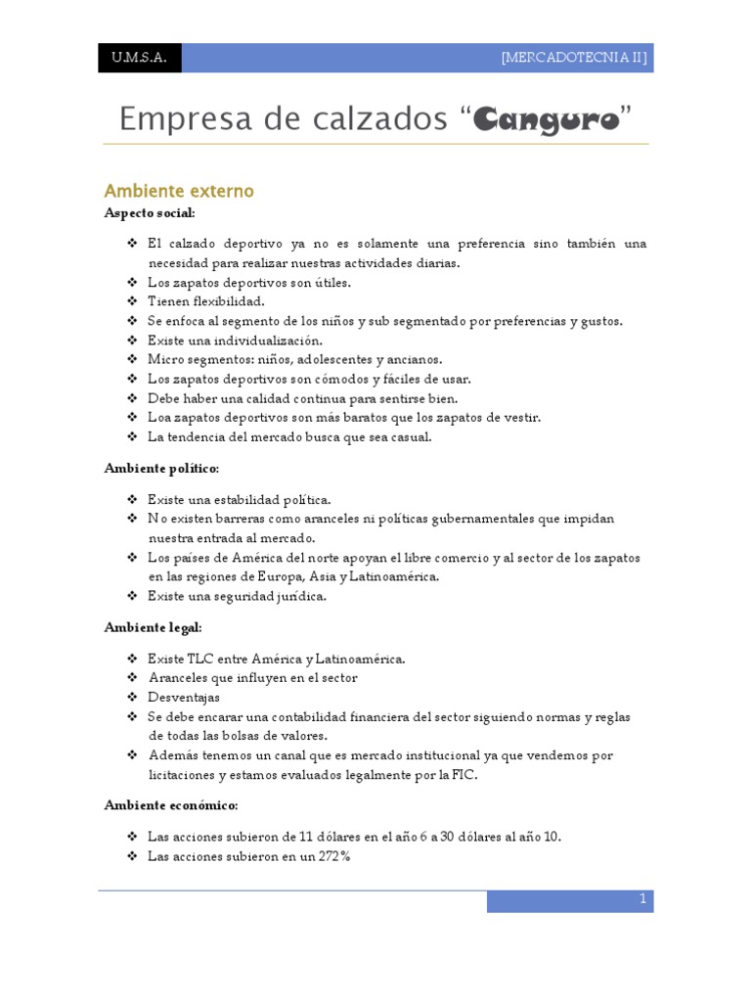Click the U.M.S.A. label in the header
[139, 58]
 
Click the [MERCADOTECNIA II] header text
[574, 58]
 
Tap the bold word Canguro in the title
[547, 120]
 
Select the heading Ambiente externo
[179, 191]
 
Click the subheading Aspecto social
[150, 212]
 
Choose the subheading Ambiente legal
[153, 627]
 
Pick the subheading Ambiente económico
[171, 805]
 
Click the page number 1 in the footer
[642, 898]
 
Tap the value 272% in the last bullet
[331, 856]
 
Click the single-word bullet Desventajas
[184, 698]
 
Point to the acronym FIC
[464, 776]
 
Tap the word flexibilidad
[226, 301]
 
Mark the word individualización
[263, 341]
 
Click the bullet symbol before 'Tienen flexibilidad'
[132, 301]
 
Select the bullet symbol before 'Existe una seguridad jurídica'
[132, 596]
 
